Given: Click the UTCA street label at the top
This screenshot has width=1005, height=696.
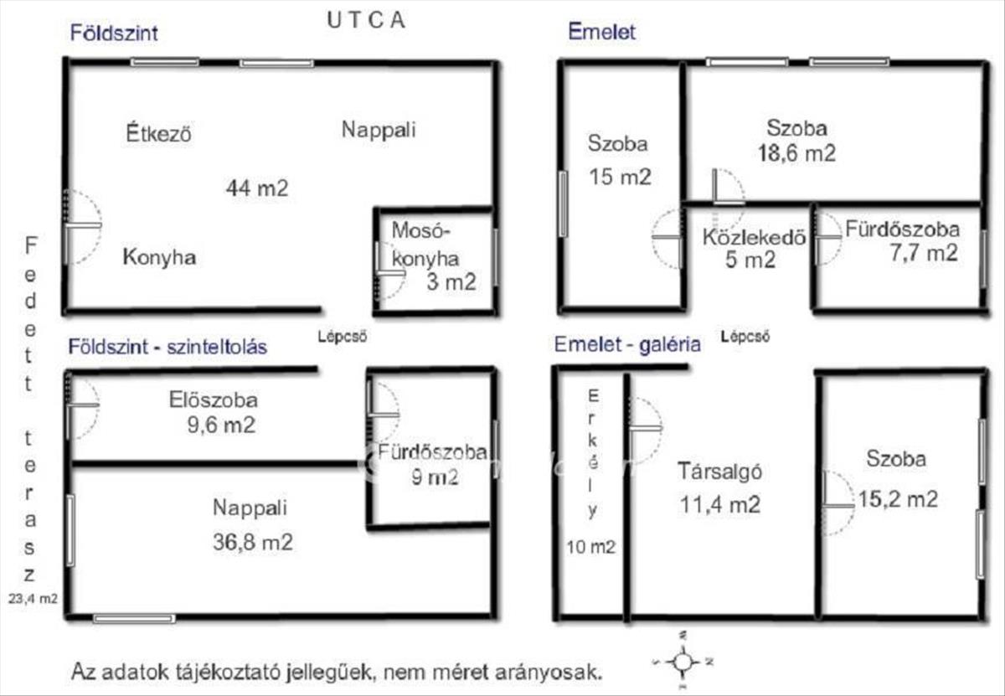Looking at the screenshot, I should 364,21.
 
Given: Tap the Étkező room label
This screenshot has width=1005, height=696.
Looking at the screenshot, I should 159,133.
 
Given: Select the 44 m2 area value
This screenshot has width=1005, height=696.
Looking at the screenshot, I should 256,188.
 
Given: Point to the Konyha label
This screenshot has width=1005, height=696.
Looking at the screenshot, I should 159,257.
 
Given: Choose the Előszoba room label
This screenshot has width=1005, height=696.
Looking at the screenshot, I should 212,400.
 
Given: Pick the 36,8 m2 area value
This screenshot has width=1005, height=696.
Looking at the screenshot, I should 252,542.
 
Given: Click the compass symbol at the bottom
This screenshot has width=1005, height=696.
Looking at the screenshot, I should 683,662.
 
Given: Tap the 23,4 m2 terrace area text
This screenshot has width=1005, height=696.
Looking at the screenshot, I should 33,598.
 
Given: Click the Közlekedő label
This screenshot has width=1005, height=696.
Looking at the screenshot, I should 754,237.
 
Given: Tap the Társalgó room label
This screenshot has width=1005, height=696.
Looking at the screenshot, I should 719,472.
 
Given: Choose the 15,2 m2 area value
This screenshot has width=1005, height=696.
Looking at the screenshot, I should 897,499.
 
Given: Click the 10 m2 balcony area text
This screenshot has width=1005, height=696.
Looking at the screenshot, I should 592,548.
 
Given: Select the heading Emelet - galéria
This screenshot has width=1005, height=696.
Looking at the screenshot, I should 627,344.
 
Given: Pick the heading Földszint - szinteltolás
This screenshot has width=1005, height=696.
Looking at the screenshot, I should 167,346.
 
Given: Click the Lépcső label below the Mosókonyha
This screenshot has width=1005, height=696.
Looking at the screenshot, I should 342,338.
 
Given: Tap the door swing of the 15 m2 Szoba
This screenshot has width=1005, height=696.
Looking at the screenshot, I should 669,238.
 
